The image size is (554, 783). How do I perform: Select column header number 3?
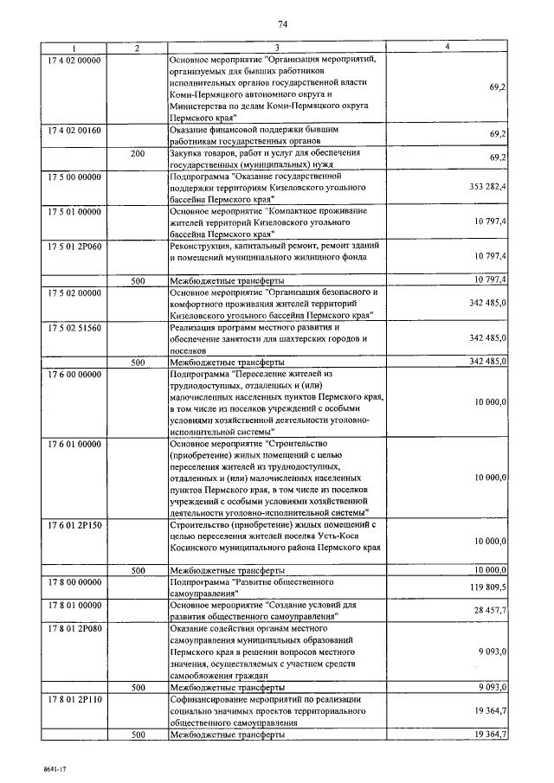tap(277, 48)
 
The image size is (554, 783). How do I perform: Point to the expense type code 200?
tap(137, 153)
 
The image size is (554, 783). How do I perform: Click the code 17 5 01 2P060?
tap(75, 247)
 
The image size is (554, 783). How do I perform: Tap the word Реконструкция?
tap(201, 247)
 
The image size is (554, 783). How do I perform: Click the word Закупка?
tap(187, 153)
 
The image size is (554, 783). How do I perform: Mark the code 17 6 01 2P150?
tap(75, 524)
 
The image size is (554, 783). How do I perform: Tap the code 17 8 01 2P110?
tap(75, 698)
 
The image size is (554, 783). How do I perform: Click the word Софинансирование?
tap(210, 698)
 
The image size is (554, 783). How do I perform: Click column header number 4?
tap(448, 48)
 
